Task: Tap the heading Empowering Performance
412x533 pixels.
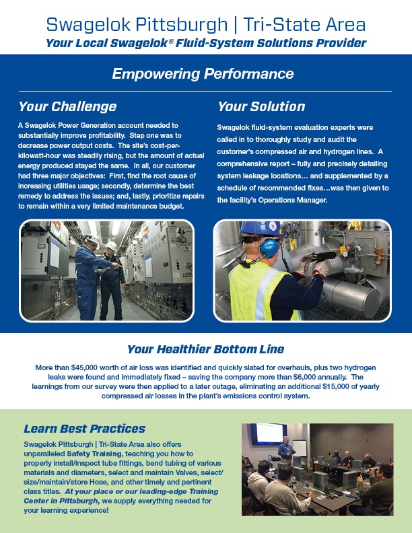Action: coord(203,74)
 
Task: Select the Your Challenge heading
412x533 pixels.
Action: coord(67,106)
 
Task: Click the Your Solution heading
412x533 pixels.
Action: coord(261,106)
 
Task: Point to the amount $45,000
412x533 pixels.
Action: coord(84,367)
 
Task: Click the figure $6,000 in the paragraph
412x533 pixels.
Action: coord(304,377)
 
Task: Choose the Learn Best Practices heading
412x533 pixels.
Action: coord(84,429)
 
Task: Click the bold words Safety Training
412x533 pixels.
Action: coord(94,454)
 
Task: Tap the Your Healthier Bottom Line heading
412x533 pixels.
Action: coord(205,349)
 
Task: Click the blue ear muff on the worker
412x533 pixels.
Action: coord(269,248)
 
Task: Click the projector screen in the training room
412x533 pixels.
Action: coord(269,433)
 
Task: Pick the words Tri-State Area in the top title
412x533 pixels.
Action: coord(304,25)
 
